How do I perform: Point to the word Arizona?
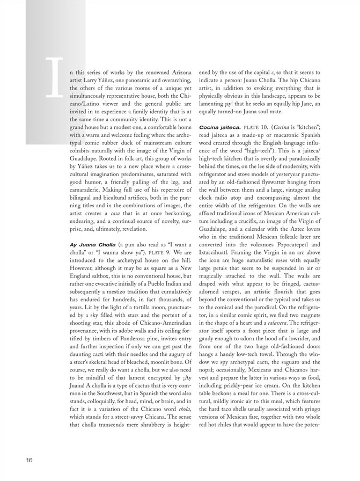click(177, 72)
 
